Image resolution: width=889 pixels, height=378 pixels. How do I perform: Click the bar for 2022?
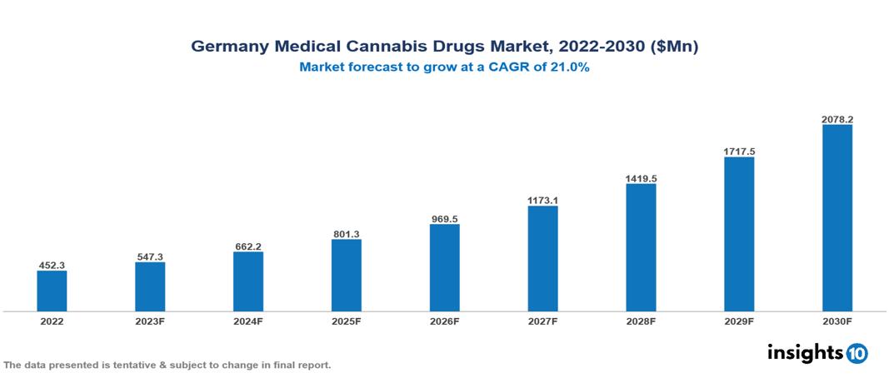(x=52, y=291)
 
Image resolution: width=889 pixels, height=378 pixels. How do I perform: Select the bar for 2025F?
(x=346, y=275)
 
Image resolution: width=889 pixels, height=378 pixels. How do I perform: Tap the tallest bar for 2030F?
(x=837, y=218)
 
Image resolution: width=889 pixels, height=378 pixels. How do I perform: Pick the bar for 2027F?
(x=542, y=259)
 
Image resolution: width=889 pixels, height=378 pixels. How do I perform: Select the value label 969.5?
(x=444, y=219)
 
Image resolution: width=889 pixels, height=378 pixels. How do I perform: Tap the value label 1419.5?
(x=641, y=178)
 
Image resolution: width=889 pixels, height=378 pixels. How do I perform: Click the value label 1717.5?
(x=739, y=152)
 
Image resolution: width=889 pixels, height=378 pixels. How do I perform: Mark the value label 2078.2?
(x=837, y=119)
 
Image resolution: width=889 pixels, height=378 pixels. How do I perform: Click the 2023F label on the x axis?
(x=150, y=321)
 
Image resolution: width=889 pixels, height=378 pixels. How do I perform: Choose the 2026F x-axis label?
(x=444, y=321)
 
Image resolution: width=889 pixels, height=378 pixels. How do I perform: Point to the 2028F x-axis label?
(x=641, y=321)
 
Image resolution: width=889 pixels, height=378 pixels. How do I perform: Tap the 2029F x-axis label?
(x=739, y=321)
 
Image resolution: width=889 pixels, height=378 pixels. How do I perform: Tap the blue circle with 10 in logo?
(x=857, y=353)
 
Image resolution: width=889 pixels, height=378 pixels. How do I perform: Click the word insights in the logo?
(x=804, y=352)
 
